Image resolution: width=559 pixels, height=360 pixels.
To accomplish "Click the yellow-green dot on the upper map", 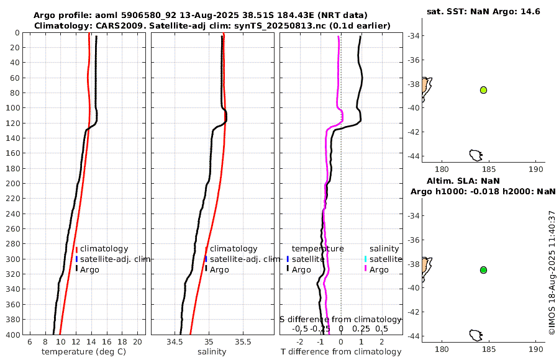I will (x=483, y=90).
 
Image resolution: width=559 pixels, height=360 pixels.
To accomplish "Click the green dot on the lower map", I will (x=483, y=270).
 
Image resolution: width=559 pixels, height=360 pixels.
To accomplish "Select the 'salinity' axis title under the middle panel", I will (x=212, y=352).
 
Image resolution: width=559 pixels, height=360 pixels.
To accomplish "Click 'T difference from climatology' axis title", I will (x=342, y=352).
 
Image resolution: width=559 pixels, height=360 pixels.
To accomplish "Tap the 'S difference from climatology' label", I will (x=340, y=319).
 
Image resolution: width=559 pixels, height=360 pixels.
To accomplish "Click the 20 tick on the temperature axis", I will (x=137, y=342).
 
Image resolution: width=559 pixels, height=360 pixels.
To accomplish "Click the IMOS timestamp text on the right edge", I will (x=552, y=273).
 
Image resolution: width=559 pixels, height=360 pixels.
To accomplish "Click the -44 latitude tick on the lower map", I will (x=412, y=336).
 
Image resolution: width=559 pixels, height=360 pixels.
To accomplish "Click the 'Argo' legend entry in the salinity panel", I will (x=219, y=269).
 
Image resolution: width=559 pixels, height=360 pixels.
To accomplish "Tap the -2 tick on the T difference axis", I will (x=300, y=342).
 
